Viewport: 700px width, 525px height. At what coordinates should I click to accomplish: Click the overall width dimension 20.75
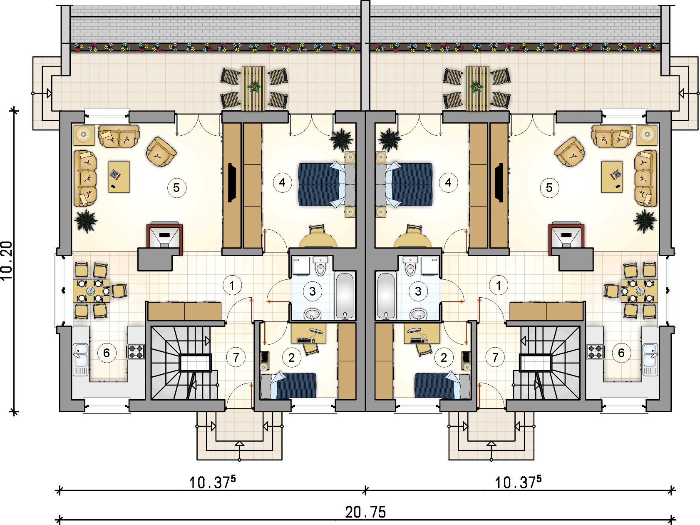click(x=365, y=512)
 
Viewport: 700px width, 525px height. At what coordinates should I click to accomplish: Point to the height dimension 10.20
click(x=7, y=261)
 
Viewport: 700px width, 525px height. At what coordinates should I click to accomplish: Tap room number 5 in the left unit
click(x=176, y=188)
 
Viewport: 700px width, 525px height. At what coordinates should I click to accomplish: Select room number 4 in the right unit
click(x=448, y=182)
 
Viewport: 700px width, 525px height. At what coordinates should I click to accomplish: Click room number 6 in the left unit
click(x=107, y=353)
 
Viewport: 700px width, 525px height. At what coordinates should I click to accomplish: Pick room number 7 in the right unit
click(x=495, y=357)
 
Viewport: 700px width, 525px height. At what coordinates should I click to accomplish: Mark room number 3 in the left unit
click(x=313, y=291)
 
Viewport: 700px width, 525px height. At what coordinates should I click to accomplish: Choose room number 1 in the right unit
click(x=499, y=286)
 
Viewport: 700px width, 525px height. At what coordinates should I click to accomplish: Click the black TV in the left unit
click(x=232, y=182)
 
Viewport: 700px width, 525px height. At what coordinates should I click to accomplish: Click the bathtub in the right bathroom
click(x=386, y=296)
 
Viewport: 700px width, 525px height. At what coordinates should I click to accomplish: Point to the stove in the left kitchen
click(x=136, y=352)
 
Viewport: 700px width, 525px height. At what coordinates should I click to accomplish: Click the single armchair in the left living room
click(x=161, y=152)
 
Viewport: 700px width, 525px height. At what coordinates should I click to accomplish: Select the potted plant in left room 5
click(x=86, y=221)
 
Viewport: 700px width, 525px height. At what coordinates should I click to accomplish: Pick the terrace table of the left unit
click(x=253, y=88)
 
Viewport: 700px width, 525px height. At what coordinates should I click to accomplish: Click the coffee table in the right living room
click(x=612, y=177)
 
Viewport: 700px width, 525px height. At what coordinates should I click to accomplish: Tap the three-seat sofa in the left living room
click(x=85, y=178)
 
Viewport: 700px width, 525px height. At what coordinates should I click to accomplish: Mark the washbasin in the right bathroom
click(x=418, y=314)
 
